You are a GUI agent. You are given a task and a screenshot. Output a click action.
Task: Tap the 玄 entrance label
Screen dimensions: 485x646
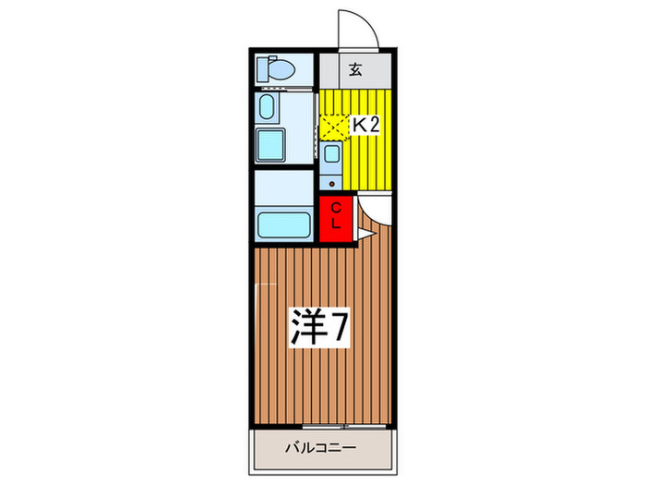click(355, 68)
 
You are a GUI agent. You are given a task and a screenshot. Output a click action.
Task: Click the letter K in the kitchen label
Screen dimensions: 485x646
click(354, 125)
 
